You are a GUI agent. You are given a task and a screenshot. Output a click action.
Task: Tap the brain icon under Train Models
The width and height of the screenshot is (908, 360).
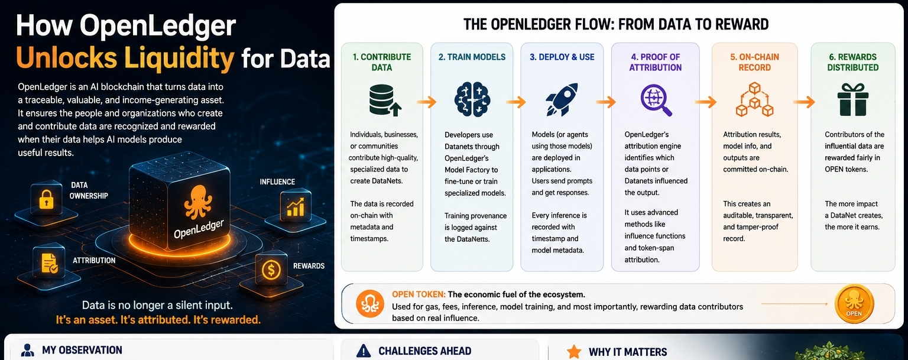tap(472, 99)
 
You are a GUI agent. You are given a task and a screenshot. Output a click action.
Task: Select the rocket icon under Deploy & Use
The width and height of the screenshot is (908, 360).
tap(562, 99)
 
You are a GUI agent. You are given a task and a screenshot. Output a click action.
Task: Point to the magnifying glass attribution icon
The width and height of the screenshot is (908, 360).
tap(656, 100)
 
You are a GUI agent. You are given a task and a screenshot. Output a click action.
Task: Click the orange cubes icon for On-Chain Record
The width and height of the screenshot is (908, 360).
tap(754, 99)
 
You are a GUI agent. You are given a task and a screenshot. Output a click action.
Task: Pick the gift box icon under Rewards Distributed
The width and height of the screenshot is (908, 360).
tap(853, 100)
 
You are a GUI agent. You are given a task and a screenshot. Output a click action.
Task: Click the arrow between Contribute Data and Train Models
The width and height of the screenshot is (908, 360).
tap(426, 102)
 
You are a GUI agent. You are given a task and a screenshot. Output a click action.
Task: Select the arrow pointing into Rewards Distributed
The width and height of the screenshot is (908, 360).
tap(804, 102)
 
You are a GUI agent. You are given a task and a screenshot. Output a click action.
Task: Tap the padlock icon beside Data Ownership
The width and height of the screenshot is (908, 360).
tap(46, 199)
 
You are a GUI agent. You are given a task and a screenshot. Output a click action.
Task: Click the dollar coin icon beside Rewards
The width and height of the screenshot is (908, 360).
tap(271, 269)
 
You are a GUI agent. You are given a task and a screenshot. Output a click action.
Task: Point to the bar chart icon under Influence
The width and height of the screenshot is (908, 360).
tap(295, 207)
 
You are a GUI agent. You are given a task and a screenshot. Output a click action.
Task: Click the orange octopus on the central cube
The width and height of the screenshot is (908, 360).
tap(198, 202)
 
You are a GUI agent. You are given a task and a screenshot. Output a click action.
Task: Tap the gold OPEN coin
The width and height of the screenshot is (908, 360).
tap(854, 304)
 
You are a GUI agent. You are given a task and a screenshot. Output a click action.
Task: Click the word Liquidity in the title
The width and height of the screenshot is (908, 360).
tap(179, 57)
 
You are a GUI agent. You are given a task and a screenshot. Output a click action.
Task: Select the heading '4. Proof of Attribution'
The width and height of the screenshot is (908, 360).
tap(656, 62)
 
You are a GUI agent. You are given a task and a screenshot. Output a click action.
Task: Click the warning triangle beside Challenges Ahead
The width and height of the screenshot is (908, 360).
tap(363, 351)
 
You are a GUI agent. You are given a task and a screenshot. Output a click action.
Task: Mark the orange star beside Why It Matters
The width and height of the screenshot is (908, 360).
tap(573, 352)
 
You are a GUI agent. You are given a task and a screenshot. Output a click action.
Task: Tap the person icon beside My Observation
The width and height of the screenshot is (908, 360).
tap(28, 350)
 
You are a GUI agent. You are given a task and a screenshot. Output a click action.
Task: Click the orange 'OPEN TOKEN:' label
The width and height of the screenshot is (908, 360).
tap(419, 294)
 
